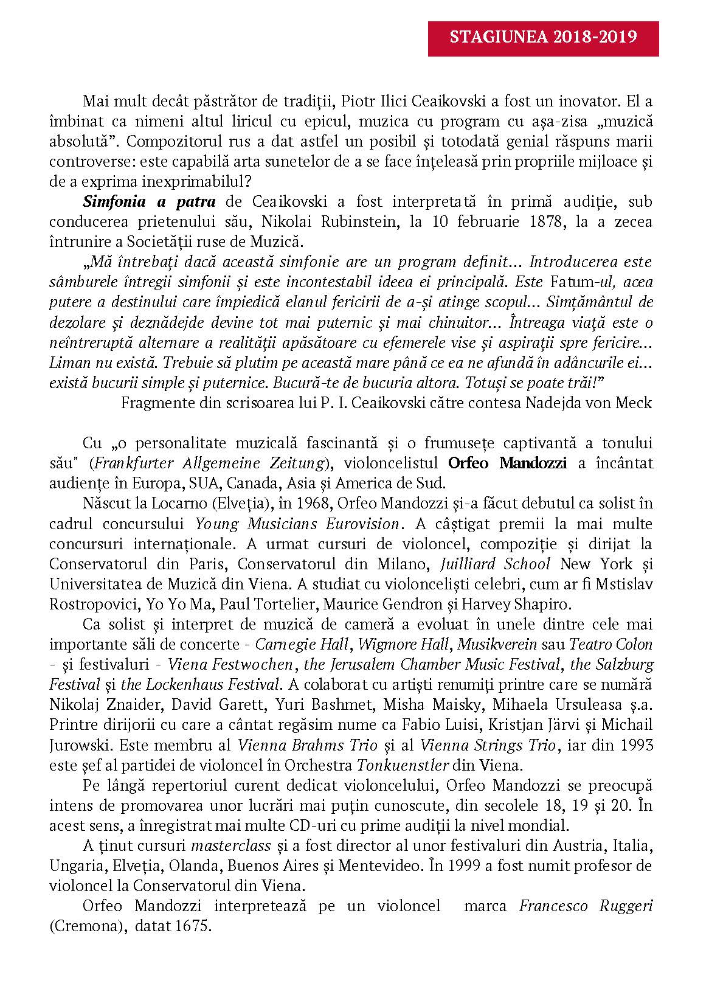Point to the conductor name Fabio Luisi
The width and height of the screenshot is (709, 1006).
click(490, 724)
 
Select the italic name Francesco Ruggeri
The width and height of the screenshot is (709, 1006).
click(586, 906)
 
